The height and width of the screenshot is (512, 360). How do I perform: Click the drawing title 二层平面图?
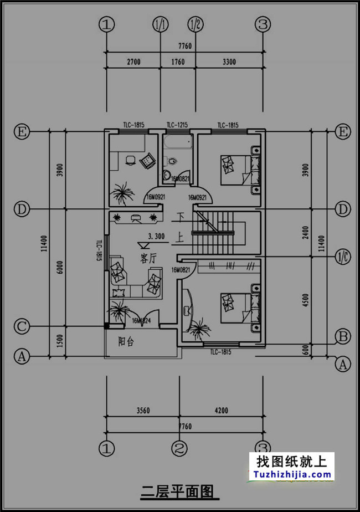click(x=176, y=491)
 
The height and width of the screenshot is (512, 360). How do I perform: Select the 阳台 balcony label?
click(x=126, y=342)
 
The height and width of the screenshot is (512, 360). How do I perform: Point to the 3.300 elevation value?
click(x=156, y=237)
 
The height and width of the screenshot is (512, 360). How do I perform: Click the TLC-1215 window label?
click(x=178, y=125)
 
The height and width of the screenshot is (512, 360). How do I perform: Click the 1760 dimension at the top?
click(x=178, y=62)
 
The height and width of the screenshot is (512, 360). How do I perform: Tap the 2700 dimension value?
click(x=133, y=62)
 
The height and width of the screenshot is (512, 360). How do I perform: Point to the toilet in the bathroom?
click(x=173, y=161)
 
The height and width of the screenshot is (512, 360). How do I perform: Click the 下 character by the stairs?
click(x=180, y=216)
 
